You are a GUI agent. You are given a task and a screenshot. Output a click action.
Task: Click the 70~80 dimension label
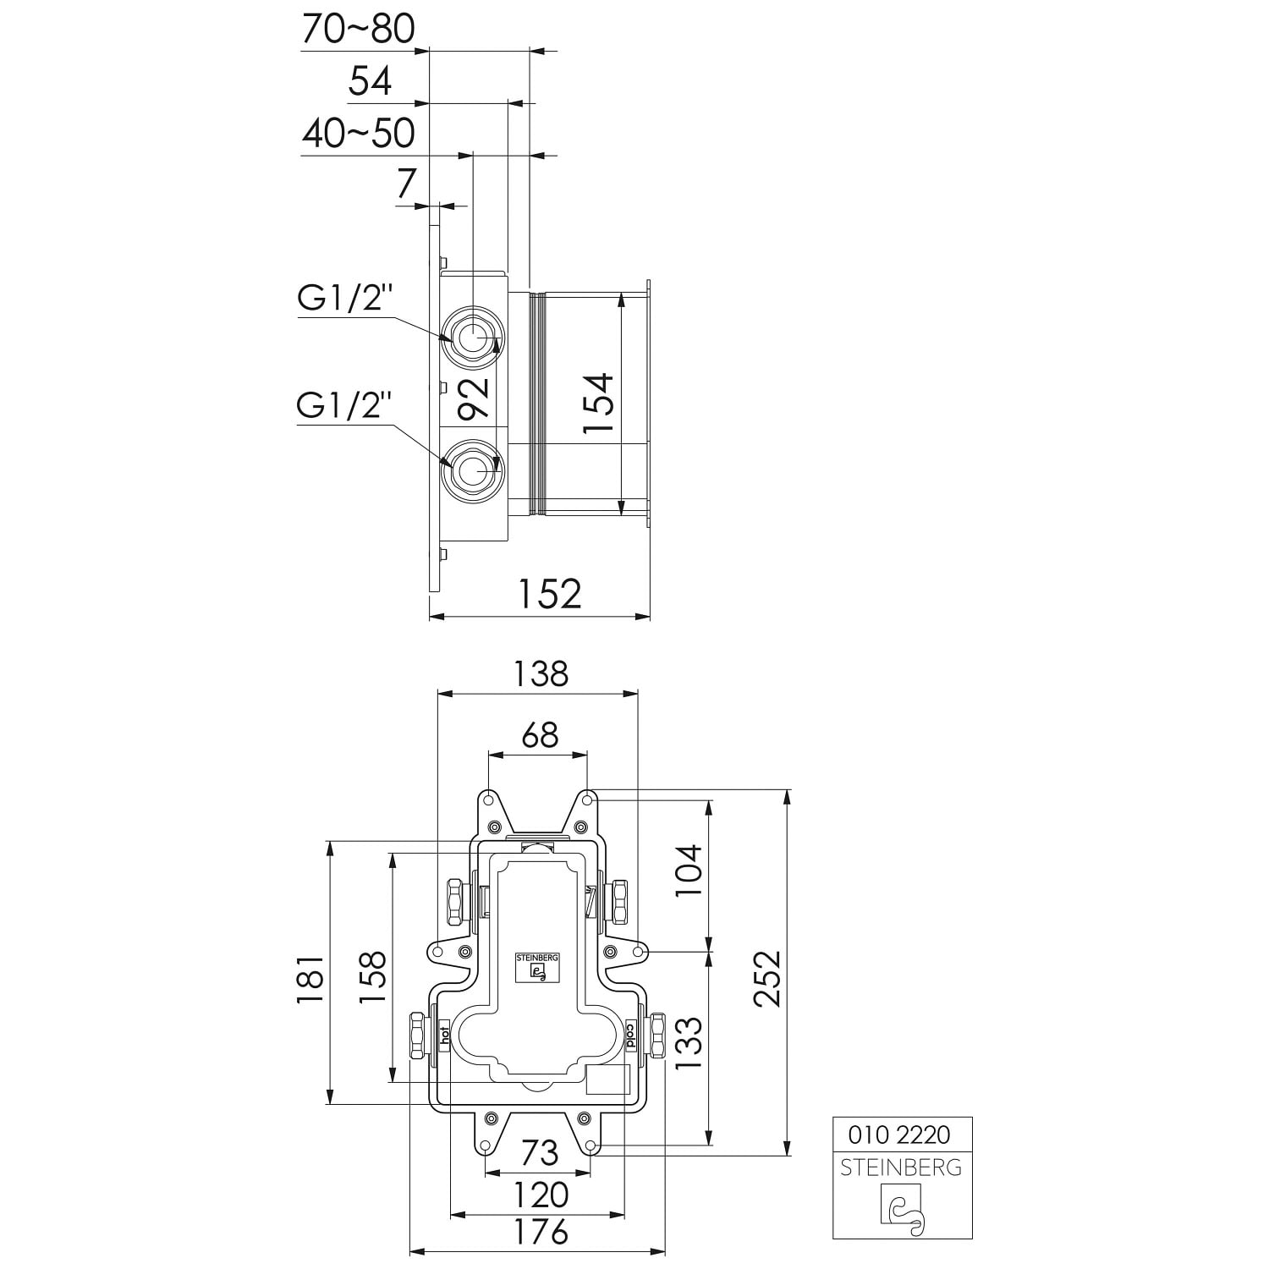pos(358,30)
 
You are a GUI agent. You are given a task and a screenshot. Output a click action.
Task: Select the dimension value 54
pos(371,81)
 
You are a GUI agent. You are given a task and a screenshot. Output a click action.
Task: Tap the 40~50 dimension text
pos(358,134)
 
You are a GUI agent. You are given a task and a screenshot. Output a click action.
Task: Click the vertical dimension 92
pos(474,398)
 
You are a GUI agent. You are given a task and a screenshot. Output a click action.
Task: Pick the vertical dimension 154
pos(598,404)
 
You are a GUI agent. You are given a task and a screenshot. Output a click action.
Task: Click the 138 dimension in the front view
pos(541,673)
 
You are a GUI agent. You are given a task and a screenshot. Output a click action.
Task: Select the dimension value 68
pos(540,734)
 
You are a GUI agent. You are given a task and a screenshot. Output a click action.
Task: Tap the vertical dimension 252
pos(767,979)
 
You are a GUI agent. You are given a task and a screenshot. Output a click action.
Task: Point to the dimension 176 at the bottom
pos(541,1232)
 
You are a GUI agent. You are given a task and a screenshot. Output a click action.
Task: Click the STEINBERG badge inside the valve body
pos(538,967)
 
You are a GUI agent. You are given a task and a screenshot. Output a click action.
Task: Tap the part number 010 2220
pos(898,1134)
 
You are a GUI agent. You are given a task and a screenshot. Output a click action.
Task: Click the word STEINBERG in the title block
pos(901,1167)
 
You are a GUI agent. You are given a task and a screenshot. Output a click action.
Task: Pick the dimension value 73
pos(540,1152)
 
